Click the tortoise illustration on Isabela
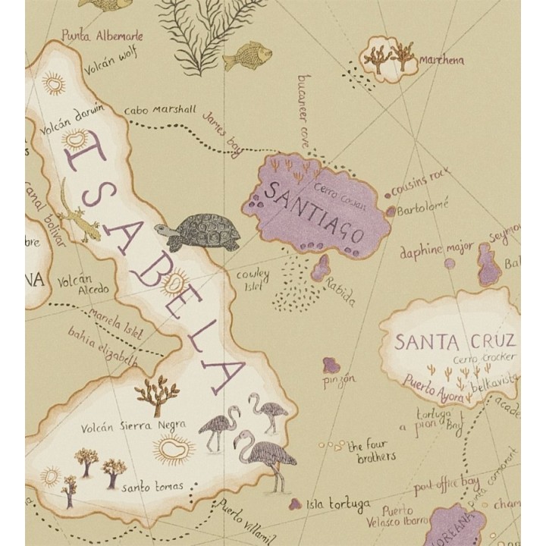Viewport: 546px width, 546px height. [x=200, y=232]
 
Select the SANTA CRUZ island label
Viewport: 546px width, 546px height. [x=455, y=341]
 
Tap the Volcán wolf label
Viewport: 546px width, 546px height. [x=112, y=61]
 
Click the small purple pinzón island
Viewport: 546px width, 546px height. [x=331, y=366]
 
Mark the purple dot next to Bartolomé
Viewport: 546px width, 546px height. [x=391, y=212]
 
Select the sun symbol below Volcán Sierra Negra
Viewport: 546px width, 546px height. [x=174, y=450]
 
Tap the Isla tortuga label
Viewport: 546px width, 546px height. [x=338, y=504]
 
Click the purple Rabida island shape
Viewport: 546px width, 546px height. [x=321, y=268]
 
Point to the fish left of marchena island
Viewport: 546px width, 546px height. [x=247, y=55]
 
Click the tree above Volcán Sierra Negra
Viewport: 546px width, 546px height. [x=157, y=394]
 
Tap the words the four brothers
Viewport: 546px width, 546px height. [x=371, y=450]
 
